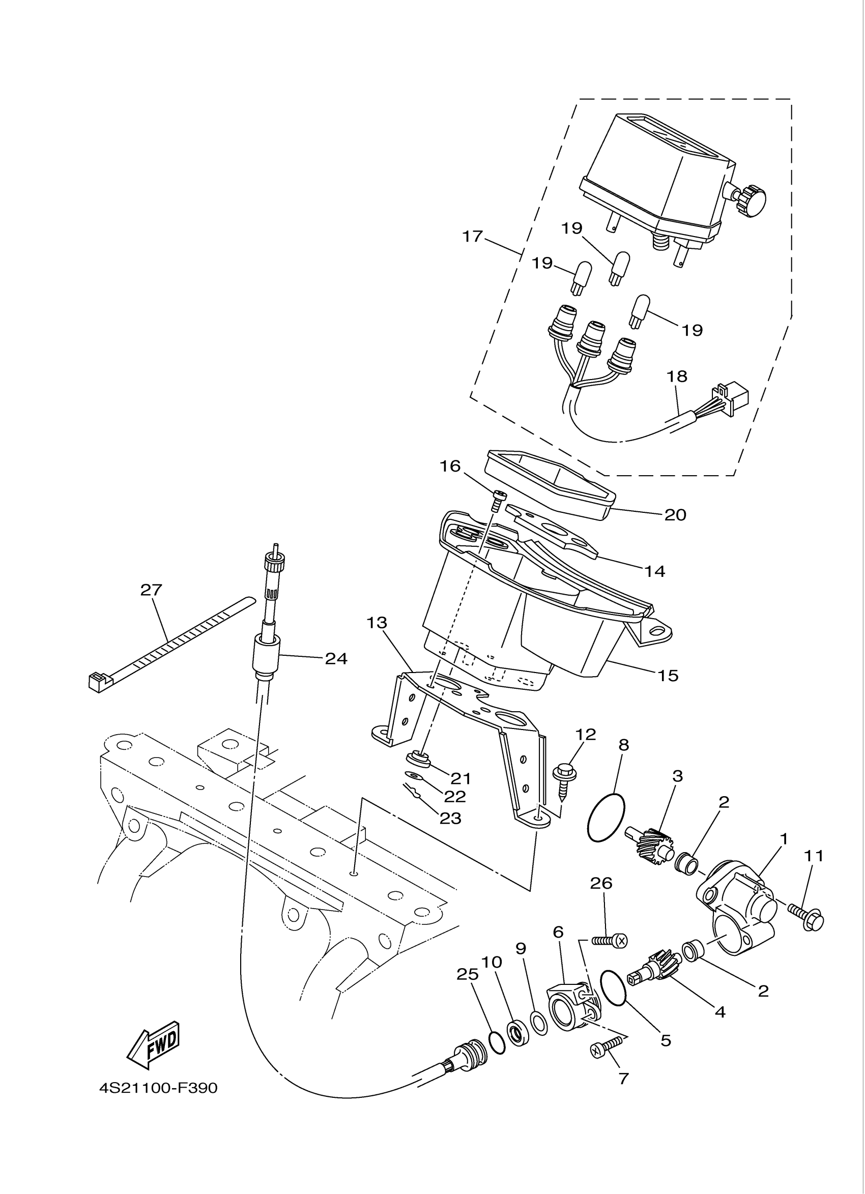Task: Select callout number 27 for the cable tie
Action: (151, 590)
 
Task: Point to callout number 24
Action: (336, 659)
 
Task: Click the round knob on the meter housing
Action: (751, 199)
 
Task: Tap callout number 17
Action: (472, 237)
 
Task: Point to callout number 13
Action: (377, 623)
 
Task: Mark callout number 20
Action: (675, 514)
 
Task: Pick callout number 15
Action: (668, 675)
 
